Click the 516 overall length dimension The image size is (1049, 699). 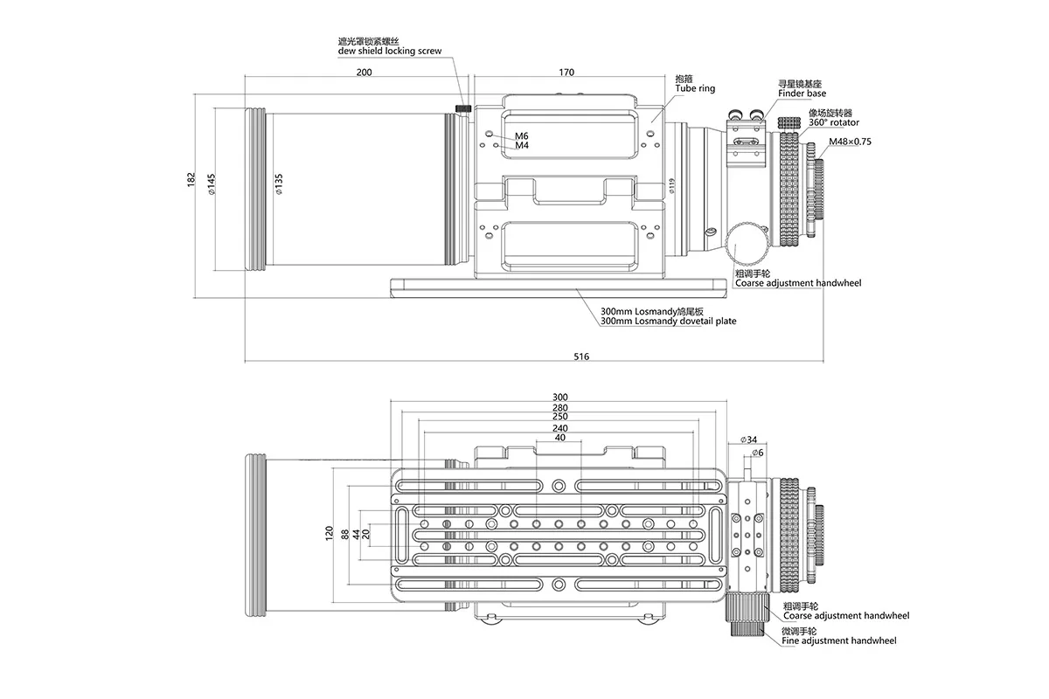(x=581, y=356)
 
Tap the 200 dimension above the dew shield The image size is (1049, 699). (x=356, y=73)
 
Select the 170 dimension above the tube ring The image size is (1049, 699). (x=566, y=73)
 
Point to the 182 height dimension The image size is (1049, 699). (x=191, y=179)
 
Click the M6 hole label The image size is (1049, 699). (x=522, y=135)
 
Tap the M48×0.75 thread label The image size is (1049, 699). (x=851, y=141)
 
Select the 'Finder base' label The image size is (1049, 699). (x=802, y=93)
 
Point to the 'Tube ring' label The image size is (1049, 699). (x=695, y=88)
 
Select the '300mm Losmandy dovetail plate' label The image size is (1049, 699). (x=668, y=321)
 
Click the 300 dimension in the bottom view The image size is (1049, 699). (x=560, y=397)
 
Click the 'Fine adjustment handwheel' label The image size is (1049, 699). (x=839, y=640)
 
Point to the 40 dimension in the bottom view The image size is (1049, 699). (x=560, y=439)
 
